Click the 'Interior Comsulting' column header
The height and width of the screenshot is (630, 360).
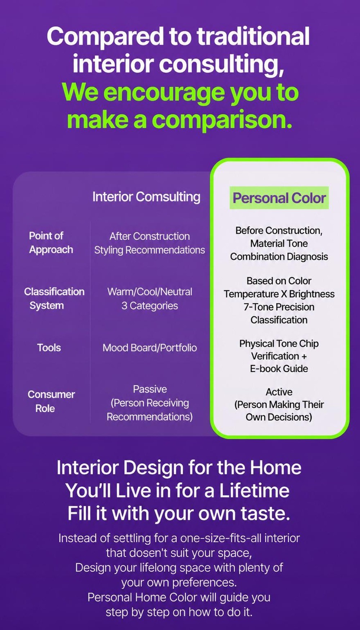[x=146, y=197]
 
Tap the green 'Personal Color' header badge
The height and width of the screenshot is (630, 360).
[x=279, y=198]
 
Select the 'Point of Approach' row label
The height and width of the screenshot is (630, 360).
[x=51, y=243]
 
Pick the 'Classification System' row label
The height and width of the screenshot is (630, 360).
[x=54, y=298]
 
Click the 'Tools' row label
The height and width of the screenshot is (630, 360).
[x=49, y=348]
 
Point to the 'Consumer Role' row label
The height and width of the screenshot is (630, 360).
[x=51, y=401]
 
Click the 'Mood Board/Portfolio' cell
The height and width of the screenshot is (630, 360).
[x=150, y=348]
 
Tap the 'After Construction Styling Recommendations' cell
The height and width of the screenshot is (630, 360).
[x=150, y=243]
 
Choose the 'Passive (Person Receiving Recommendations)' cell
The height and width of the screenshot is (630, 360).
[x=150, y=403]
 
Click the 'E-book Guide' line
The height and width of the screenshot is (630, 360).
[x=279, y=369]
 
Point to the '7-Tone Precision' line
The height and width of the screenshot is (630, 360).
[x=279, y=307]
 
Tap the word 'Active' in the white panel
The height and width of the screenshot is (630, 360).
[x=279, y=392]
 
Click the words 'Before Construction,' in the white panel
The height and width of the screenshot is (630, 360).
[x=279, y=230]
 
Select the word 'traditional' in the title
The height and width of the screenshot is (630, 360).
[x=253, y=36]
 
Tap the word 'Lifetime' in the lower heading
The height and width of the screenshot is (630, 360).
[x=254, y=490]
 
